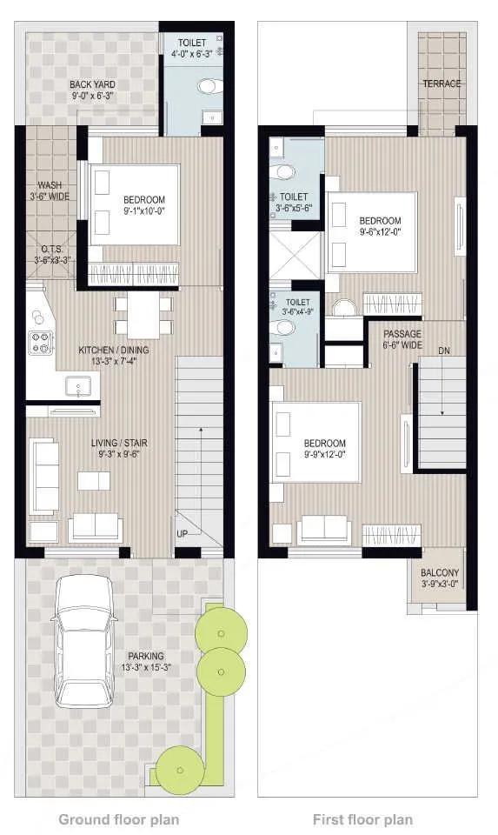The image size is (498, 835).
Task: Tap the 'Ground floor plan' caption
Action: tap(118, 818)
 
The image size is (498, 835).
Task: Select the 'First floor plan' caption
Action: tap(362, 818)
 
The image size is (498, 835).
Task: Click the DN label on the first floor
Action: tap(444, 351)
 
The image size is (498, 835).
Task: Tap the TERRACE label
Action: tap(442, 83)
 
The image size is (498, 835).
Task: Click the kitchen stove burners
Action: tap(41, 343)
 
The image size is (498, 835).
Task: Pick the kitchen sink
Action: tap(79, 385)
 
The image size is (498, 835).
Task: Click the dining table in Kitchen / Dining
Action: tap(143, 315)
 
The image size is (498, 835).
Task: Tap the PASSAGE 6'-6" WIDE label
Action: tap(402, 339)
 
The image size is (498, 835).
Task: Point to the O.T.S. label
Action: tap(50, 253)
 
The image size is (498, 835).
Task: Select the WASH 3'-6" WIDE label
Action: tap(50, 190)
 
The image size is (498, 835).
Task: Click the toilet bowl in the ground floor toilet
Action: tap(209, 86)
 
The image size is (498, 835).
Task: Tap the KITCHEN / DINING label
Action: tap(114, 356)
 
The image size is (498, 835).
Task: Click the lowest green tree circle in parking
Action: tap(179, 769)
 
